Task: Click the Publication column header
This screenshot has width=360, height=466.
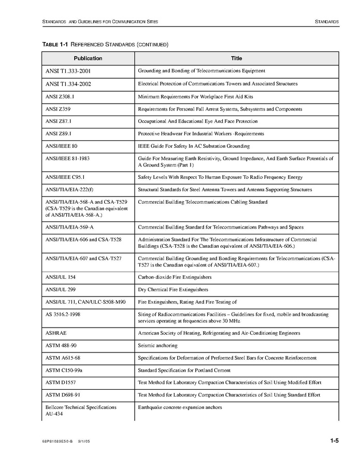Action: pyautogui.click(x=88, y=59)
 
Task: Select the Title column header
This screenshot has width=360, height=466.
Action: pyautogui.click(x=236, y=59)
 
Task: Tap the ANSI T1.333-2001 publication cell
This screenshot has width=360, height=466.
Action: pyautogui.click(x=68, y=70)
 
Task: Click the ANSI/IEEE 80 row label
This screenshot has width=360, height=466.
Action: pyautogui.click(x=62, y=146)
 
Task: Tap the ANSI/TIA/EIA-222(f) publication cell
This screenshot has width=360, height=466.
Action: pyautogui.click(x=71, y=190)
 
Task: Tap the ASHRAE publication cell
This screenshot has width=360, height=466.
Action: pyautogui.click(x=56, y=333)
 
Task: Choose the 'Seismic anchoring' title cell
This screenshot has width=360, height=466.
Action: pyautogui.click(x=157, y=345)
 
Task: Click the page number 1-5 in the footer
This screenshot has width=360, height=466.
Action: pyautogui.click(x=334, y=441)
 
